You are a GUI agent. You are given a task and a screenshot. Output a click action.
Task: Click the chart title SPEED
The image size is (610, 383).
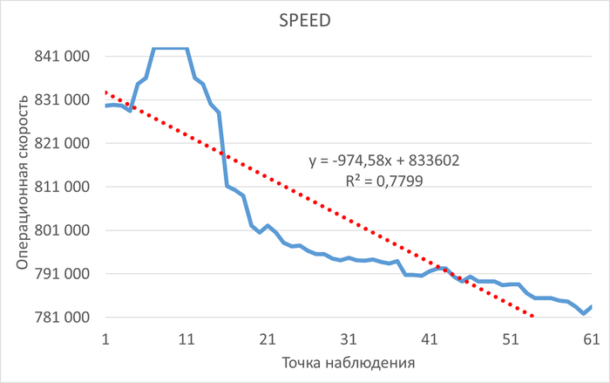305,18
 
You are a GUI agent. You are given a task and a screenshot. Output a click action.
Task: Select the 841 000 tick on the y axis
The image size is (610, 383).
62,56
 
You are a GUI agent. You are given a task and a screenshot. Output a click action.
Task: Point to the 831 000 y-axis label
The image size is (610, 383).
62,99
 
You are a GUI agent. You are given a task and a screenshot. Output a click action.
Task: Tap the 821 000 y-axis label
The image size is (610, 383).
62,143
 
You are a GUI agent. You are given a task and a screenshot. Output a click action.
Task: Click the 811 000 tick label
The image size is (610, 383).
62,187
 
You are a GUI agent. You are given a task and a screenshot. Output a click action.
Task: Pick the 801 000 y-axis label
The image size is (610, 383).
62,230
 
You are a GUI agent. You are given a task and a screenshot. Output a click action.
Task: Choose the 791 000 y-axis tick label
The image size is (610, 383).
62,274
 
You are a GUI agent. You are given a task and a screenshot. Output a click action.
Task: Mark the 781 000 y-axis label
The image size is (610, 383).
62,318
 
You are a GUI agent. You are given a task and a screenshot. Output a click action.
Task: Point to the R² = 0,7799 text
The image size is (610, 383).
384,181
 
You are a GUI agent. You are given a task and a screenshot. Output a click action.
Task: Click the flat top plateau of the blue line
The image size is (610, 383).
171,49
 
